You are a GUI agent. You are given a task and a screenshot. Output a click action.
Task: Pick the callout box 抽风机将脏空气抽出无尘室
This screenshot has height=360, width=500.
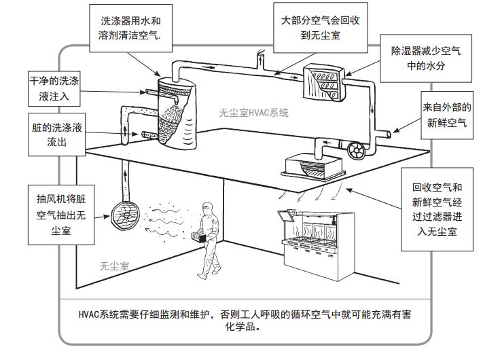[61, 213]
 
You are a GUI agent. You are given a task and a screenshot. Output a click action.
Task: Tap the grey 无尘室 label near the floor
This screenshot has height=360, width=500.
[113, 267]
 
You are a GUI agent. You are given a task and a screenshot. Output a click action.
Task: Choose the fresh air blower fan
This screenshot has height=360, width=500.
[355, 147]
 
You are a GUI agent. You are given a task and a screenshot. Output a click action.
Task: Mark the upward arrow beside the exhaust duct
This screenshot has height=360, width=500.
[126, 176]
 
